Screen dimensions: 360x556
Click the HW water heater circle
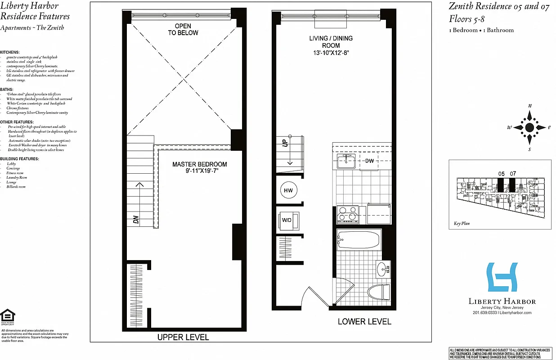(x=288, y=191)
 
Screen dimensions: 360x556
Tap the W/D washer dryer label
(x=287, y=220)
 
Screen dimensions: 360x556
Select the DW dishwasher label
(x=369, y=161)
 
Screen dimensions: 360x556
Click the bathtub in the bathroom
(x=359, y=239)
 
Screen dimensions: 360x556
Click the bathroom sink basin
(x=383, y=270)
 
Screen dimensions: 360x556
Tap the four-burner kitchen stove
(x=348, y=215)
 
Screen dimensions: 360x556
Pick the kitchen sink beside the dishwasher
(x=346, y=162)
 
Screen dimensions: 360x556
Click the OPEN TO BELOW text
(x=183, y=30)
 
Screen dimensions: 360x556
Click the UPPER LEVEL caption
(x=183, y=337)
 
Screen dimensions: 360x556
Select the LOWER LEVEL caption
(x=364, y=322)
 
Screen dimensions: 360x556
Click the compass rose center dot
(x=529, y=127)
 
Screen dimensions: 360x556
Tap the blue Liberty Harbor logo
(x=502, y=277)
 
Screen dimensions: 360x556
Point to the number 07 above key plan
(x=513, y=173)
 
